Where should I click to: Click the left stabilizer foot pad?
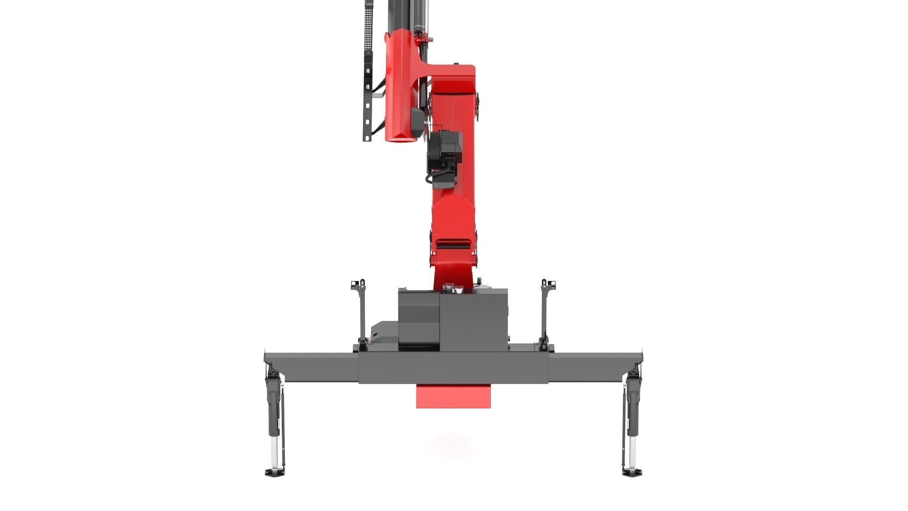click(x=274, y=472)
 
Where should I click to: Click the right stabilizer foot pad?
click(x=632, y=472)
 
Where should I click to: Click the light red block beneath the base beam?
click(x=453, y=396)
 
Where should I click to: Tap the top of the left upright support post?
click(x=359, y=284)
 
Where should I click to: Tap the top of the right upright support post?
click(x=547, y=284)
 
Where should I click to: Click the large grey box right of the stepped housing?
click(x=473, y=319)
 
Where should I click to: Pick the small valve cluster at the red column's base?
click(x=452, y=288)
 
